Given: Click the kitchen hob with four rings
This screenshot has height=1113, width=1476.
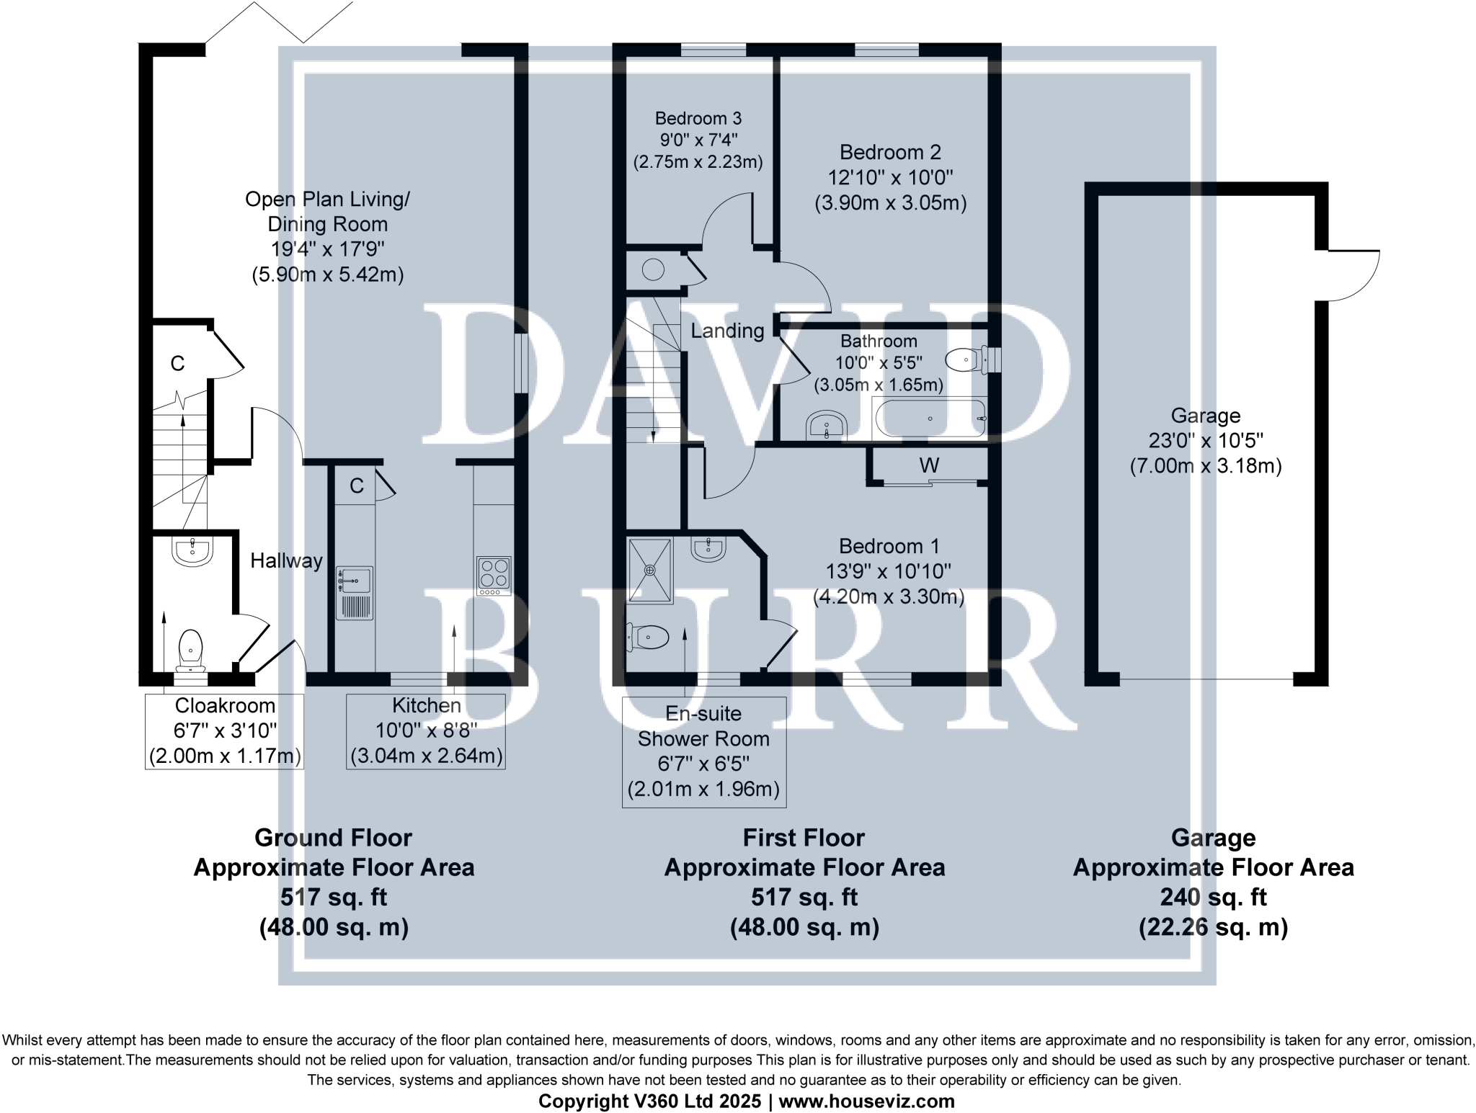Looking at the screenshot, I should click(494, 575).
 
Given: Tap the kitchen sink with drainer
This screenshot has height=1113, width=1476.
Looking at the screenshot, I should click(355, 593).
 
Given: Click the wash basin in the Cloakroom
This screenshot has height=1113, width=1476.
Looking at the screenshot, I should click(192, 551).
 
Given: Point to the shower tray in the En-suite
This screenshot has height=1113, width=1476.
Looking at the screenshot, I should click(650, 570).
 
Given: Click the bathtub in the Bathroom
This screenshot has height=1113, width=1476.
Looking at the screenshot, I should click(929, 419).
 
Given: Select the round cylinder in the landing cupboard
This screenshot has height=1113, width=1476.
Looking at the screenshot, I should click(653, 269).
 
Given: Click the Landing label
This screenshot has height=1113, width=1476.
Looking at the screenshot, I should click(727, 331).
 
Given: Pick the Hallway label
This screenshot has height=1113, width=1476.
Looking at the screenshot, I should click(286, 560).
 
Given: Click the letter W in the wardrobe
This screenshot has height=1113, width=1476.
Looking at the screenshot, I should click(929, 465).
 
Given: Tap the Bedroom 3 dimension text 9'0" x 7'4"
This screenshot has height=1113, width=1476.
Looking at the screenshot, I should click(698, 140).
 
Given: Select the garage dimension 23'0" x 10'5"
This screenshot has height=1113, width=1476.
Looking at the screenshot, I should click(1205, 440).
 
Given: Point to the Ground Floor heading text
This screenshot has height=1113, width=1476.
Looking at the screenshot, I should click(333, 838).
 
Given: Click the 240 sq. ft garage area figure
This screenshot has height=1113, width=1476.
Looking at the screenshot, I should click(1213, 897).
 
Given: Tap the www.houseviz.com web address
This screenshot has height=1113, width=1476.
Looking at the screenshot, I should click(866, 1101).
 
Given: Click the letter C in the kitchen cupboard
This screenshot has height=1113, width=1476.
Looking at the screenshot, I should click(356, 486).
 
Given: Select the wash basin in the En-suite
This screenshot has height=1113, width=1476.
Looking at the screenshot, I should click(708, 549).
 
